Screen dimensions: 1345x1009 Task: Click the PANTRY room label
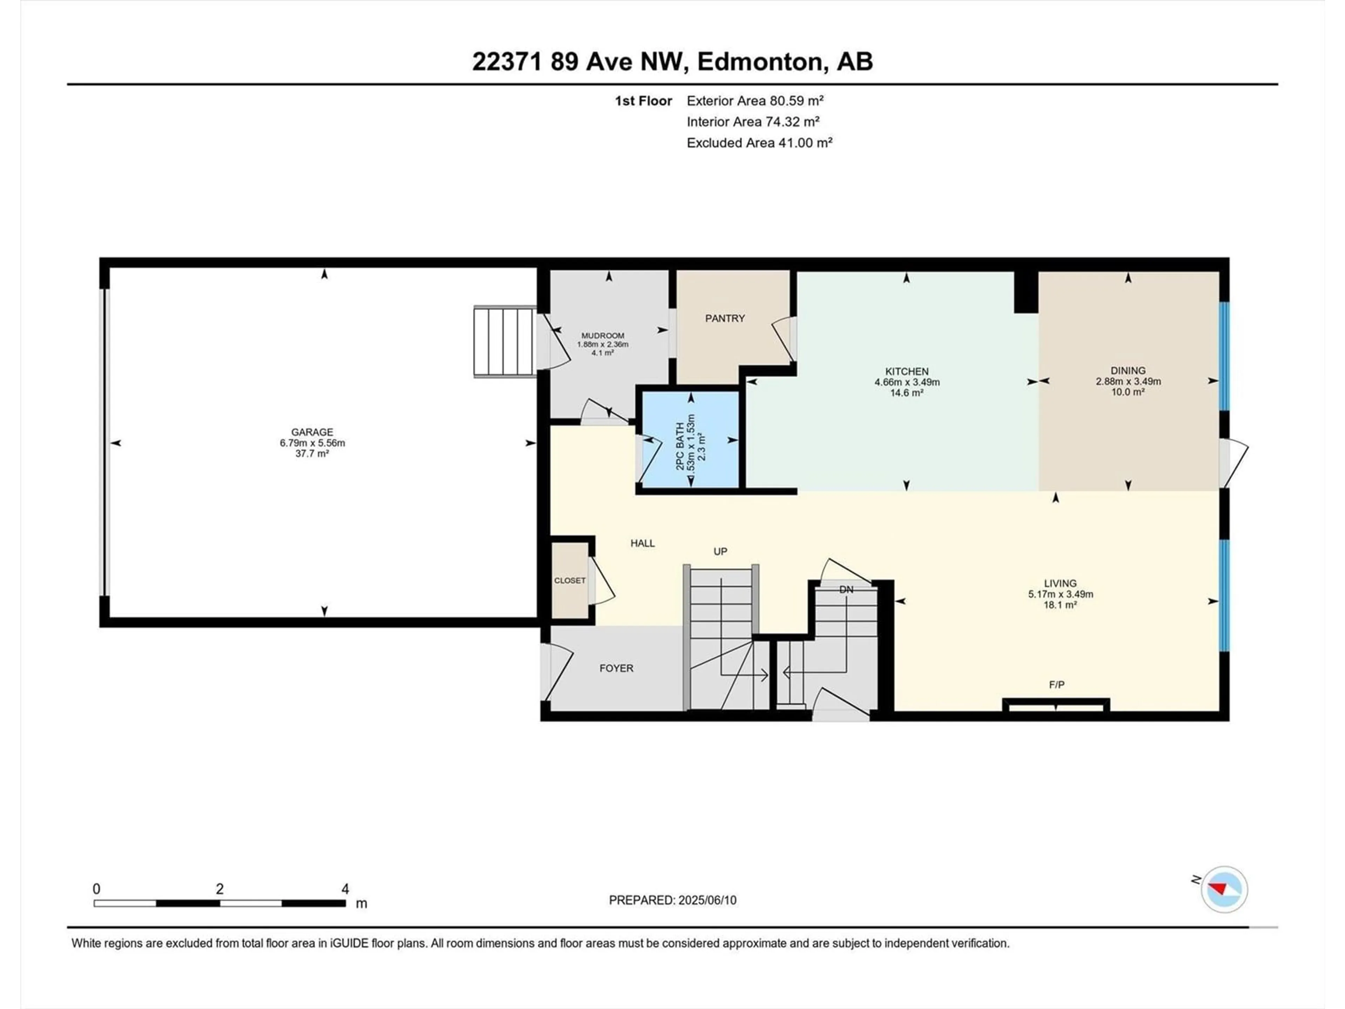[725, 318]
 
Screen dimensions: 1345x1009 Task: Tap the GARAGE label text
[312, 432]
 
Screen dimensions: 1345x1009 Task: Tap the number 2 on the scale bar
[220, 888]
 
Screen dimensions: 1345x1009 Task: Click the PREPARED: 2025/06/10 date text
[672, 900]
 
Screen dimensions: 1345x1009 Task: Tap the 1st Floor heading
[643, 101]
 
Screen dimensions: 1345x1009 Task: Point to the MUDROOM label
[602, 336]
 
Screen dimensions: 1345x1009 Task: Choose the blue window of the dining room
[1225, 356]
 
